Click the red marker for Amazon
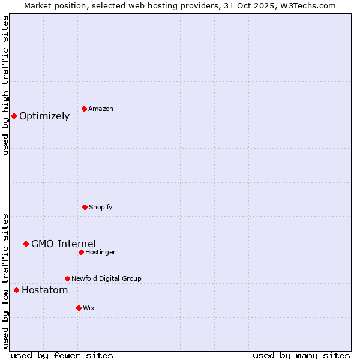pos(84,109)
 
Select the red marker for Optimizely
pos(14,116)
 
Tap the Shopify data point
pos(85,207)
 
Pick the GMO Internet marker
pos(26,244)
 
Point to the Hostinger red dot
pos(81,252)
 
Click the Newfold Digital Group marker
pos(67,278)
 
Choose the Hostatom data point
pos(16,290)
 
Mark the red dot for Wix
pos(79,308)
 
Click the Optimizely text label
pos(44,116)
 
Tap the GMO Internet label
pos(64,244)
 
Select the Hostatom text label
pos(44,290)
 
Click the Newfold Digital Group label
pos(106,278)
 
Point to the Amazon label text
pos(101,109)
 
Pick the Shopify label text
pos(101,207)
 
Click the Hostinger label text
pos(100,252)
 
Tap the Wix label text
pos(89,308)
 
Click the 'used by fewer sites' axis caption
pos(62,356)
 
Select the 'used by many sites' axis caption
pos(301,356)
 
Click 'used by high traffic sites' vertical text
pos(5,85)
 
